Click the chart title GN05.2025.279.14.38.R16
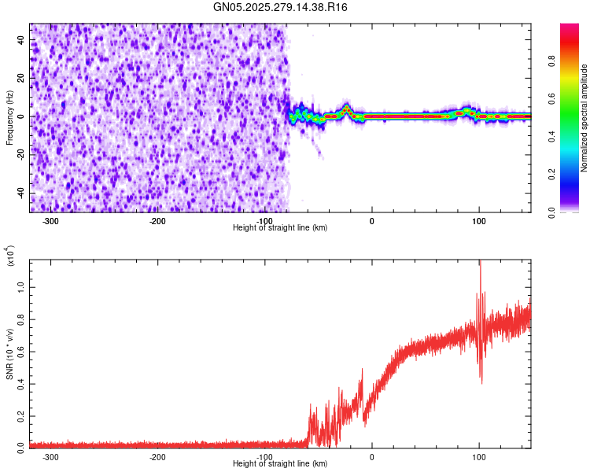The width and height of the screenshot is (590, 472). (x=280, y=8)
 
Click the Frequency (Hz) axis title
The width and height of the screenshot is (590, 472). (x=9, y=118)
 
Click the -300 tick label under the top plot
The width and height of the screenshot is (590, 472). (x=50, y=221)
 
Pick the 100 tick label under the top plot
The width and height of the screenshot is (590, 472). (x=478, y=221)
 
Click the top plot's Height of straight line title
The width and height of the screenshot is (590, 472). (x=279, y=228)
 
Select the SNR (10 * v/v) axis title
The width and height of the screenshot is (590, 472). (x=9, y=354)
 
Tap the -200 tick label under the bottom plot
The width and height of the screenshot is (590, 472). (x=157, y=457)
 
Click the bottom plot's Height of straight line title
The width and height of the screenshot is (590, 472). (x=279, y=464)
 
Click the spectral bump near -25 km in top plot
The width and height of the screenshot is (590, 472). (x=346, y=109)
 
